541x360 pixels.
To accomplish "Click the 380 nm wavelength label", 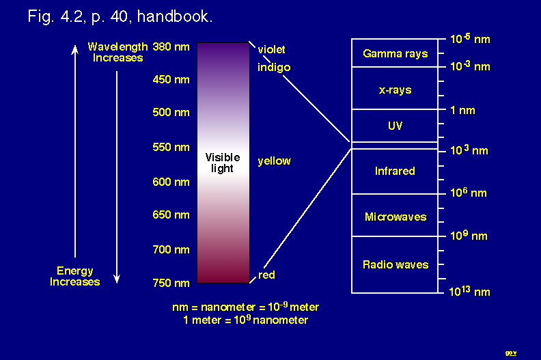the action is coord(171,46).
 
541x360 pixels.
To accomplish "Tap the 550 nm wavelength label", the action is coord(171,147).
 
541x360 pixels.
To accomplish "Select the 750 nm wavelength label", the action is coord(171,283).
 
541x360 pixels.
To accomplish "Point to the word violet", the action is coord(272,49).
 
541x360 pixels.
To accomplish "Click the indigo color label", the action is coord(274,68).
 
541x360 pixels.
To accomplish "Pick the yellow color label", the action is coord(275,161).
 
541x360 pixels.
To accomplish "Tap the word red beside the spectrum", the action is coord(266,275).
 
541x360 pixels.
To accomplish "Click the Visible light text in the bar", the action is coord(223,163).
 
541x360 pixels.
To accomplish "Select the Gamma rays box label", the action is coord(396,54).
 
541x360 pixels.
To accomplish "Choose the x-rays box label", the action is coord(395,90).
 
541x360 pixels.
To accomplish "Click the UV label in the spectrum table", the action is coord(395,126).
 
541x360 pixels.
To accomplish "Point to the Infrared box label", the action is coord(395,171).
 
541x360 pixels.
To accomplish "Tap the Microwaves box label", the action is coord(396,217).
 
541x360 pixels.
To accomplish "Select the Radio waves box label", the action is coord(396,265).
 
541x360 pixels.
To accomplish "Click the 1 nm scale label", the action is coord(462,111).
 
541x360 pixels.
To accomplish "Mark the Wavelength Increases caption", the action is coord(117,52).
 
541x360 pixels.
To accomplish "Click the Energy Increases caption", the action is coord(75,276).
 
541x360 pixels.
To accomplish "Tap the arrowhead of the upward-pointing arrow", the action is coord(75,49).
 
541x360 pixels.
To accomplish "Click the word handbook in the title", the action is coord(175,16).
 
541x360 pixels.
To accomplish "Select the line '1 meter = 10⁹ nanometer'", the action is coord(246,320).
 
